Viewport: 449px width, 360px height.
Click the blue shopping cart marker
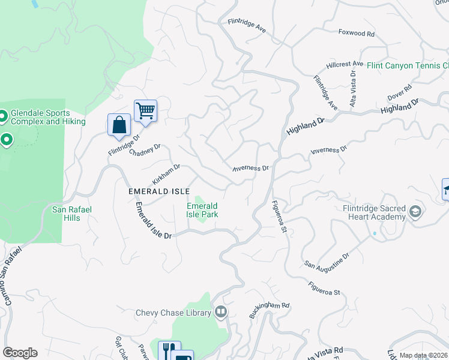click(145, 111)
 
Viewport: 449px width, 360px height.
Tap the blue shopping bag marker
click(119, 125)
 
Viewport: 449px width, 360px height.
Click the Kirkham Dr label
click(166, 174)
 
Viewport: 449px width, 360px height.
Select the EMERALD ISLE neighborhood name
click(159, 191)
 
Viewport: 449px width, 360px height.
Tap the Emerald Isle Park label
click(202, 210)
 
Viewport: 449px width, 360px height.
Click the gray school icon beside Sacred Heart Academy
click(415, 212)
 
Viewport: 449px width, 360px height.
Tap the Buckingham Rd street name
click(270, 310)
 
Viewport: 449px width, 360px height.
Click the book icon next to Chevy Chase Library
click(221, 312)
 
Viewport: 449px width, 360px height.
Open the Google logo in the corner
click(20, 353)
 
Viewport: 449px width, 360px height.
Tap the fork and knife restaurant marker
click(169, 350)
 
